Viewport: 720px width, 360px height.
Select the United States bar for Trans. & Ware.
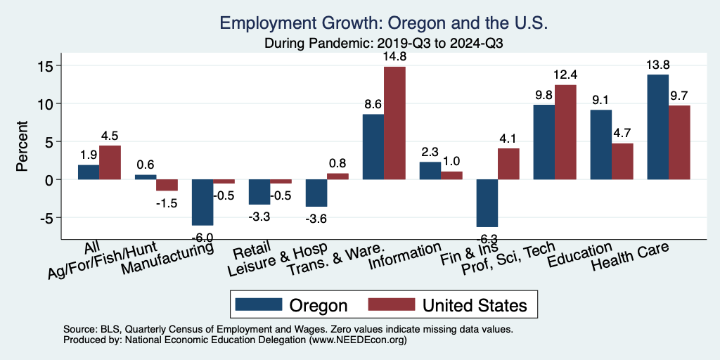pos(394,123)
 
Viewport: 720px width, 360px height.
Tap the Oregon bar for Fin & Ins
pos(487,203)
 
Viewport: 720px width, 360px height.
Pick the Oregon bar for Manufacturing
pos(202,202)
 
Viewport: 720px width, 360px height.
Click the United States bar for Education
pos(622,162)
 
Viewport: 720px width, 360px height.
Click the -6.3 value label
pos(487,239)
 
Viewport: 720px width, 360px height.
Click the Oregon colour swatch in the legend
pos(257,304)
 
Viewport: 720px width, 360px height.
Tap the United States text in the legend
pos(474,305)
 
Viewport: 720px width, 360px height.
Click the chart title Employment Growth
pos(383,23)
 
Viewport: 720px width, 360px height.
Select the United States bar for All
pos(110,162)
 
